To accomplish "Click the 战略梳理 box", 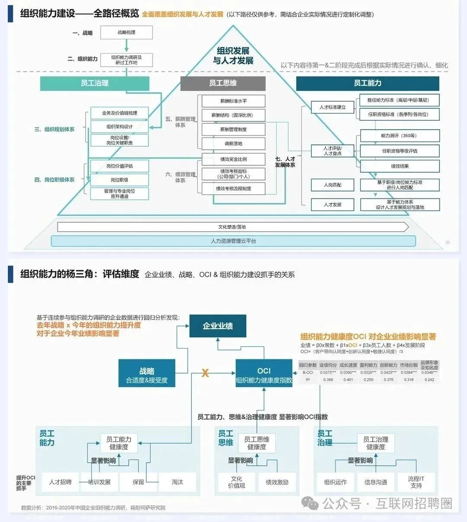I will (126, 32).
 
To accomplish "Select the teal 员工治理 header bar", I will (94, 83).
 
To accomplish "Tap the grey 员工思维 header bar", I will (223, 83).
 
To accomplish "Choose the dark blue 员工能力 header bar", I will (367, 83).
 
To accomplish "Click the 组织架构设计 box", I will (119, 127).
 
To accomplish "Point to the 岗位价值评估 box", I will (119, 166).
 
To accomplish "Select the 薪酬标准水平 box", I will (233, 101).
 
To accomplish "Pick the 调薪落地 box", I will (233, 144).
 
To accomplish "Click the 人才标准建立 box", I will (333, 107).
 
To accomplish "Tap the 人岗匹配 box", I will (333, 185).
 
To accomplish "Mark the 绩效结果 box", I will (400, 166).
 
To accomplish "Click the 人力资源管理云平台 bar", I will (233, 241).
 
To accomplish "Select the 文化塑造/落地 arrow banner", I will (232, 227).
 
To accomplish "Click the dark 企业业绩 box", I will (218, 326).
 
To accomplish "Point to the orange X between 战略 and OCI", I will (205, 373).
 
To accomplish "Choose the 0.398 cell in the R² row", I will (328, 380).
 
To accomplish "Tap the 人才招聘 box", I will (60, 482).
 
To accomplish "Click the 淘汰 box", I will (177, 482).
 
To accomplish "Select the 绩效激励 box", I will (277, 482).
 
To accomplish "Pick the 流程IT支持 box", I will (416, 482).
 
